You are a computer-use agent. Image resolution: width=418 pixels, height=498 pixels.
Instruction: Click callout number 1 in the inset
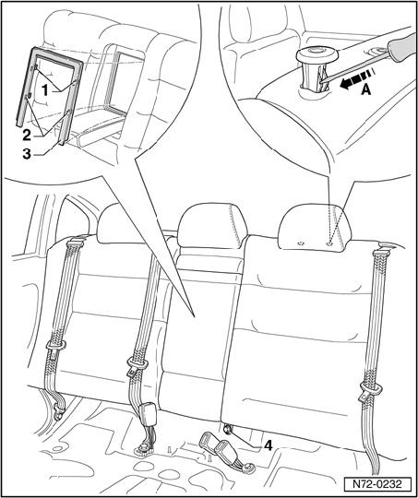[45, 91]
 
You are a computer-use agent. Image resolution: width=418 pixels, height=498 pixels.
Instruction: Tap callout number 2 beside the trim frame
[27, 136]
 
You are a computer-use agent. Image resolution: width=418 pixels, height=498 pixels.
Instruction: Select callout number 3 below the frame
[27, 154]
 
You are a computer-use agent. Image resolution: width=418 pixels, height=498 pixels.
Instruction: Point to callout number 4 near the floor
[269, 446]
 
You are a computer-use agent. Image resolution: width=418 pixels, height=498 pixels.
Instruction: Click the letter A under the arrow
[366, 90]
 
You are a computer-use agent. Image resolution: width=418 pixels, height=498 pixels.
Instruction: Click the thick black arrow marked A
[355, 78]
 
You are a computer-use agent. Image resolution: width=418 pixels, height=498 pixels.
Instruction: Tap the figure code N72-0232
[377, 484]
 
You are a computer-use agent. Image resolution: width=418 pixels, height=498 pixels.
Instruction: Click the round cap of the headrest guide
[316, 55]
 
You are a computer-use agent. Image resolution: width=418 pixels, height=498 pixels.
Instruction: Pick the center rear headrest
[212, 227]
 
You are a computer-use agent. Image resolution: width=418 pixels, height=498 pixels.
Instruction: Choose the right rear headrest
[315, 228]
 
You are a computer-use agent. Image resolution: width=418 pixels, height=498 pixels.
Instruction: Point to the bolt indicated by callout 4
[228, 430]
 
